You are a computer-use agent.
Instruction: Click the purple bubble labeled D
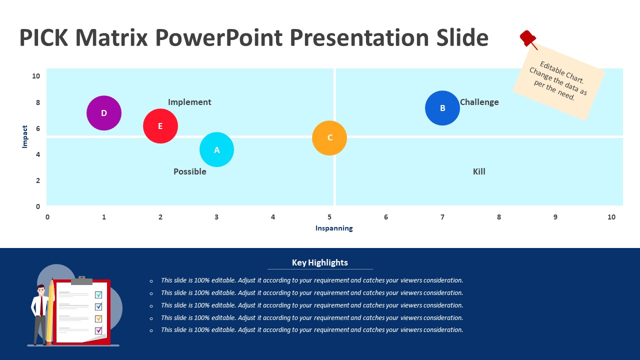(104, 113)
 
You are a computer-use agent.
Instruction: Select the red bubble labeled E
(160, 126)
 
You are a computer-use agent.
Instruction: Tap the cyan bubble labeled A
(216, 149)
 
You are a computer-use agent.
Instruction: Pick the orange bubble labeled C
(329, 138)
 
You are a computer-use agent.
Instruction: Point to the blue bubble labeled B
(442, 108)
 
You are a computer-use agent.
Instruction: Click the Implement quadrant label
(189, 102)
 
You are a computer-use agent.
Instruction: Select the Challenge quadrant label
(479, 102)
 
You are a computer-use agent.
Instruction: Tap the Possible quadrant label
(189, 171)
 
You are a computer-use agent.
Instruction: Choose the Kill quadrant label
(479, 171)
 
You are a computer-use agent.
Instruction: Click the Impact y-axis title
(25, 136)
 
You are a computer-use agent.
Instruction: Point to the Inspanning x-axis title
(334, 228)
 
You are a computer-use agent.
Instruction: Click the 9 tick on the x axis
(555, 217)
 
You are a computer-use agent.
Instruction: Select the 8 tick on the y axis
(37, 102)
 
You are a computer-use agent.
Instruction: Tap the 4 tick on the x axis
(273, 217)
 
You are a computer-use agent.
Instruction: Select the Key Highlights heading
(319, 262)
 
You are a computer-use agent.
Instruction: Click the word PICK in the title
(43, 37)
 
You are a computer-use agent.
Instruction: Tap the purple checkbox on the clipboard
(98, 330)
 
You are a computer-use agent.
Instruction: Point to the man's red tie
(41, 306)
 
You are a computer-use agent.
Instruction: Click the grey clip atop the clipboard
(81, 280)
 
